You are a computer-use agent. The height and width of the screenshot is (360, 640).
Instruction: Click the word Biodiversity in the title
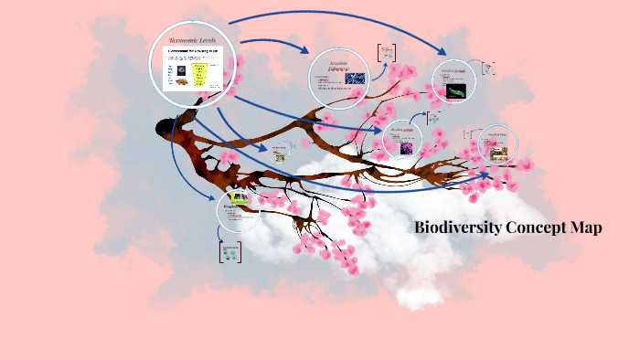pyautogui.click(x=455, y=228)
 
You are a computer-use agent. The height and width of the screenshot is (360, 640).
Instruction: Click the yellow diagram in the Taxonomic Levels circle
pyautogui.click(x=203, y=73)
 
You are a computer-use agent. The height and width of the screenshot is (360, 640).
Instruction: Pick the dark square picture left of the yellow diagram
pyautogui.click(x=180, y=70)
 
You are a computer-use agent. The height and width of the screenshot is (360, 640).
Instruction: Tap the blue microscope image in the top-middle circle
pyautogui.click(x=356, y=79)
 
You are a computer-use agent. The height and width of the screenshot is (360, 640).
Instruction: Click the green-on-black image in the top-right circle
pyautogui.click(x=454, y=90)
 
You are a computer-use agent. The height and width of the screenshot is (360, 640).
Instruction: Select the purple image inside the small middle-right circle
pyautogui.click(x=403, y=146)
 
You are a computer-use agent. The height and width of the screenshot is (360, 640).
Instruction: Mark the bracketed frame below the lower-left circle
pyautogui.click(x=229, y=251)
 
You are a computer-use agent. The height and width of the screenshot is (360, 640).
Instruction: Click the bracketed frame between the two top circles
pyautogui.click(x=387, y=52)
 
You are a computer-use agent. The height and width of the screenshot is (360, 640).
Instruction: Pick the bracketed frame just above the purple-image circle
pyautogui.click(x=433, y=118)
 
